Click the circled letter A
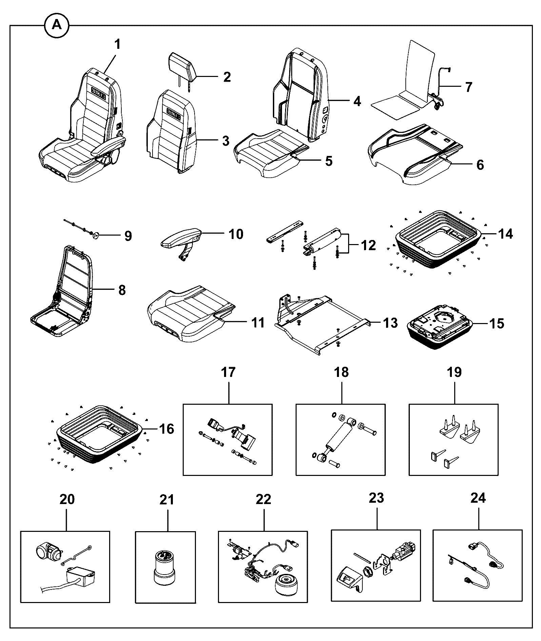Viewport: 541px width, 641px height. point(57,25)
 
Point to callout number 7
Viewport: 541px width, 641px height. point(468,87)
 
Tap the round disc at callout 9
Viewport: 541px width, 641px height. point(95,235)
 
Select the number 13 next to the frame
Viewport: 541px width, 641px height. point(390,323)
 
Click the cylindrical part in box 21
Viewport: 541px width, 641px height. point(165,568)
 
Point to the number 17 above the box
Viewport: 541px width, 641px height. point(228,372)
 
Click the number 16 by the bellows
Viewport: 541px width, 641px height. point(166,429)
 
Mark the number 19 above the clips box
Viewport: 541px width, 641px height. point(454,372)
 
